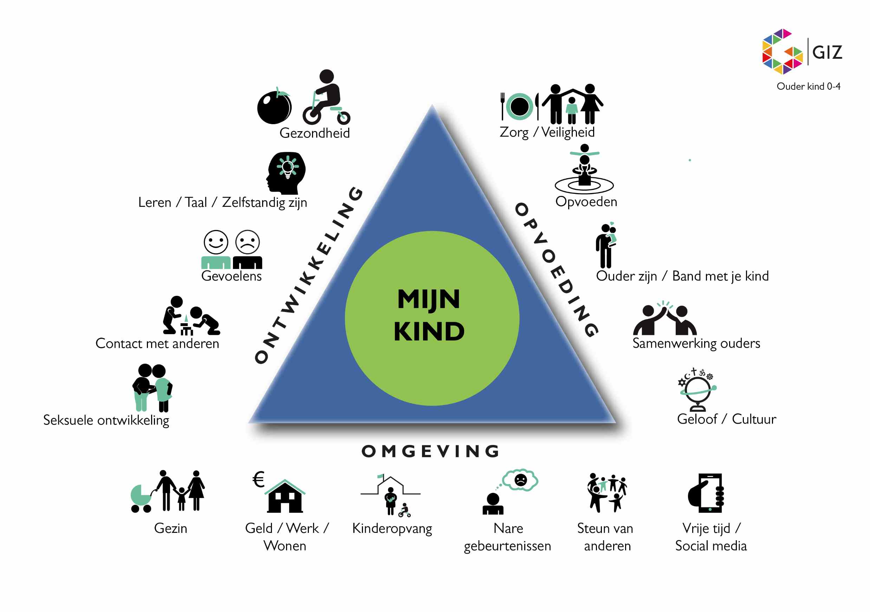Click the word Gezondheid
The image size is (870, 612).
pos(314,133)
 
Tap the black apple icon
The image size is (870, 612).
pos(274,107)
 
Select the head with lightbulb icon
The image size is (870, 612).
pos(286,173)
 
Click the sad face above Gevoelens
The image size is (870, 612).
pos(247,242)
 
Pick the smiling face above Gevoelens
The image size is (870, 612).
pos(216,242)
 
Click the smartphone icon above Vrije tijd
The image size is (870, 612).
pos(707,493)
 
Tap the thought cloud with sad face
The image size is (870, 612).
pos(520,480)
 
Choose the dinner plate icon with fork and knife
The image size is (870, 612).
pos(519,107)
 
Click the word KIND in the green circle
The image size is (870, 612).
pos(429,331)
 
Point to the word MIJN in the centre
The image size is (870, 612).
pos(429,299)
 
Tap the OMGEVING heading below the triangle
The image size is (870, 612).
pos(430,451)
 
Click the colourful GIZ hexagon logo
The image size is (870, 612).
pos(782,52)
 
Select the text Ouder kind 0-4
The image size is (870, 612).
pos(808,87)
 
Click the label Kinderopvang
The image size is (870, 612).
pos(392,529)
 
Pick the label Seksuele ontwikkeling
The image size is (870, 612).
pos(106,420)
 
